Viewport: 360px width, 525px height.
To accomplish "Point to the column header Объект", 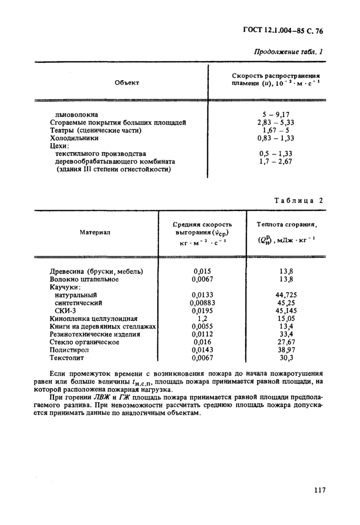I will pos(127,82).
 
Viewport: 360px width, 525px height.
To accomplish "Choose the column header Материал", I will pos(95,232).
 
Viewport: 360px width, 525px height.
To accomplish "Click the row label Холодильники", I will pos(74,138).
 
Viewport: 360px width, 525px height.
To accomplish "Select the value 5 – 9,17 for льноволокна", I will pos(275,115).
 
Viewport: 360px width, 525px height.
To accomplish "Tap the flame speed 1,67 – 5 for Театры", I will pos(275,130).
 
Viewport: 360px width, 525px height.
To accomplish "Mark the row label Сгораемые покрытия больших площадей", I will pos(117,122).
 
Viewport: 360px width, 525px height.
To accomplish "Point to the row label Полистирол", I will pos(70,349).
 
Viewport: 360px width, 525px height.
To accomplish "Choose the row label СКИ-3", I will pos(65,311).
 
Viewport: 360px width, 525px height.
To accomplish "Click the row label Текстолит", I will pos(66,357).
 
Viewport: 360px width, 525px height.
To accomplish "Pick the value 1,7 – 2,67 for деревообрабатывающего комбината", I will pos(275,161).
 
